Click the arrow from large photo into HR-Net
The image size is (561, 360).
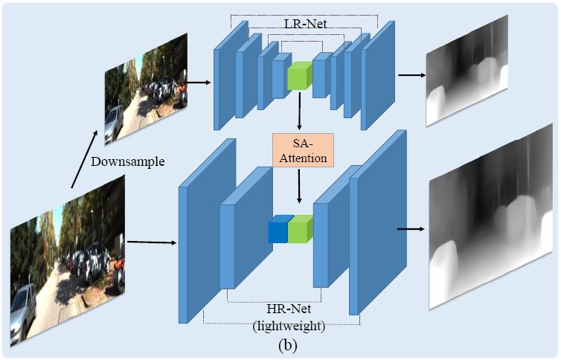tap(152, 242)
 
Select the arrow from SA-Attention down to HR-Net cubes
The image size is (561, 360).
tap(298, 186)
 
